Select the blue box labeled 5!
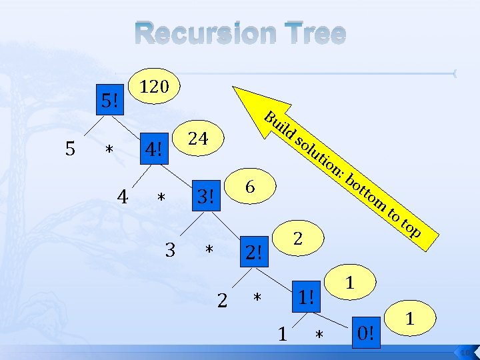(111, 101)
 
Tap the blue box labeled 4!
(154, 149)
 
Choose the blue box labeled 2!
(254, 253)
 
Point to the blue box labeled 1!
(306, 295)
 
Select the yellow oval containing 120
(157, 86)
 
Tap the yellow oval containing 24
(199, 138)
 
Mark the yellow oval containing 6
(250, 187)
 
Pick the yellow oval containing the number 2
(299, 237)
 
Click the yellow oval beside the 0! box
(411, 319)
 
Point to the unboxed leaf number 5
(70, 149)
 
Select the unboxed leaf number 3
(171, 250)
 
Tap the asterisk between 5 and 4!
(109, 151)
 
